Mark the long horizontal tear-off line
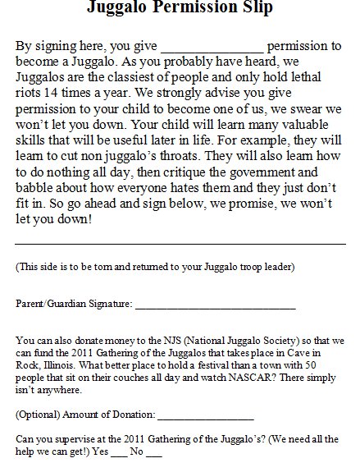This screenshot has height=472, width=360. point(180,243)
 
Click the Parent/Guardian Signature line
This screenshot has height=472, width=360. point(215,307)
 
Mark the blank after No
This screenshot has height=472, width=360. point(153,452)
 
